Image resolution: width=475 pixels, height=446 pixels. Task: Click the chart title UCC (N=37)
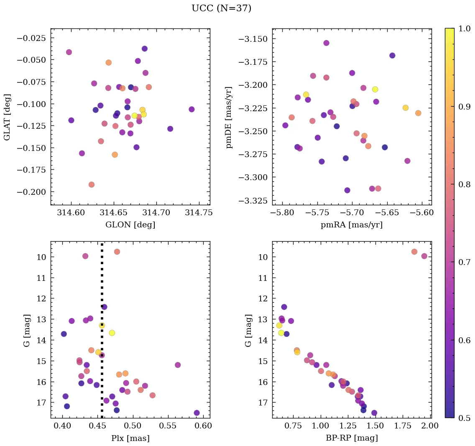coord(221,8)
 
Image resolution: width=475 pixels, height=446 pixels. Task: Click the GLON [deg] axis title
coord(130,225)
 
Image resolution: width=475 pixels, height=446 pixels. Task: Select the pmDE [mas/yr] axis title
coord(229,117)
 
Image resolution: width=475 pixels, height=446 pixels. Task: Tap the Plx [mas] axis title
coord(130,438)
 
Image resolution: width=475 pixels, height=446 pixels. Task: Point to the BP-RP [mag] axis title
coord(352,438)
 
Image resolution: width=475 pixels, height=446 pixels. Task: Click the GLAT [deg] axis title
coord(7,117)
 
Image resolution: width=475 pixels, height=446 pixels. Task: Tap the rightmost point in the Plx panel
coord(197,413)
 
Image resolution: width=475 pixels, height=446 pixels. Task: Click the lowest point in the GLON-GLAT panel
coord(92,185)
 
